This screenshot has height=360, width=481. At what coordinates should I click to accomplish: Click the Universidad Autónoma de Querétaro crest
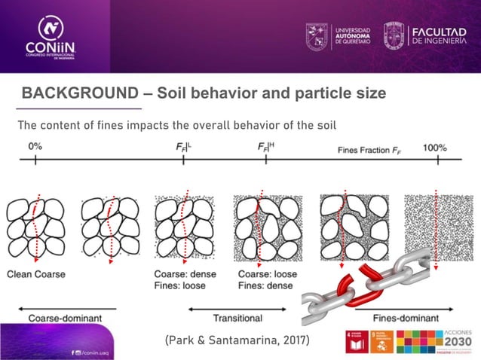point(317,35)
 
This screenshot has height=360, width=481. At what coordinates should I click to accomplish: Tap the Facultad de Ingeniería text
point(445,35)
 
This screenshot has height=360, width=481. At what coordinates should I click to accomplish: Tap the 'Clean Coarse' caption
point(35,273)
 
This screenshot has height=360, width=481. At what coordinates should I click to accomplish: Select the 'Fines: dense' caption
point(266,285)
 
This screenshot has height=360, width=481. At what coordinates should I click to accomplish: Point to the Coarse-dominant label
point(65,318)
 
